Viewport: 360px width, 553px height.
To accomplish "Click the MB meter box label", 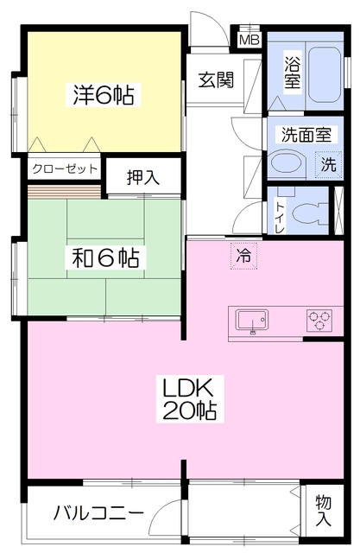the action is pos(249,40).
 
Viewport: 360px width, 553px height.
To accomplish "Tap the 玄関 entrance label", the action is pos(216,80).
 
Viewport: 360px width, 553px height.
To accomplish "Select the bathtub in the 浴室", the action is pos(325,75).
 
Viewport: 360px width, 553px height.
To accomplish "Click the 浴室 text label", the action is pos(293,73).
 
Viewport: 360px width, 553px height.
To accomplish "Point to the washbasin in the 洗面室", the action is pos(285,163).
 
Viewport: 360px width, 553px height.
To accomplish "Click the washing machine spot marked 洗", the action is pos(328,163).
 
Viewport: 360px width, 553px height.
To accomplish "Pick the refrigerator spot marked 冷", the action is pos(243,256).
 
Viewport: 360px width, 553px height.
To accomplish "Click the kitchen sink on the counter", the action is pos(251,321).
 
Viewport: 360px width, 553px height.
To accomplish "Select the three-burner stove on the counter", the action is pos(319,320).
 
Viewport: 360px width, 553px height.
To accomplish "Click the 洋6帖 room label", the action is pos(104,95).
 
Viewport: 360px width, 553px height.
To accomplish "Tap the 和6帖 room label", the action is pos(105,257).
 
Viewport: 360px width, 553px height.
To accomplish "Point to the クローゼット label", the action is pos(65,169).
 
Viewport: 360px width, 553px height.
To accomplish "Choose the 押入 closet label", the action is pos(143,177).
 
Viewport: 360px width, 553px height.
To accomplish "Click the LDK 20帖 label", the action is pos(189,398).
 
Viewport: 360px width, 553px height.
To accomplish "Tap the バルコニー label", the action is pos(98,512).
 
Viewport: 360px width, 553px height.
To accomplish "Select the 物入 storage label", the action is pos(324,510).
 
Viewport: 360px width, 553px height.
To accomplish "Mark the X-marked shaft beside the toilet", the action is pos(338,211).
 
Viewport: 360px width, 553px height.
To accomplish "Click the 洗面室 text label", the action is pos(306,135).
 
